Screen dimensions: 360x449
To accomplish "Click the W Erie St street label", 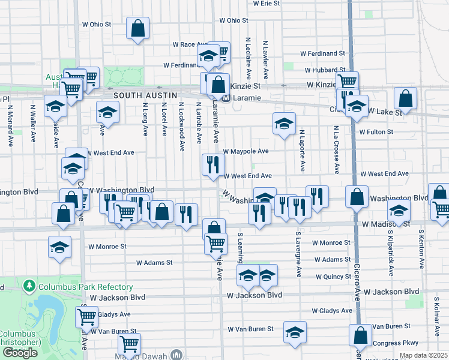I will [267, 3].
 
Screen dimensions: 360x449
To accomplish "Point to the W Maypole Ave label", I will [246, 151].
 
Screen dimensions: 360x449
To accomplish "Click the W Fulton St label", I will [376, 131].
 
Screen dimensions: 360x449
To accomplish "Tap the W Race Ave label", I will [189, 44].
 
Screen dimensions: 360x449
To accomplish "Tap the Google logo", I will [20, 352].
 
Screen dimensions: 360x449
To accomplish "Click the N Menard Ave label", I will [10, 126].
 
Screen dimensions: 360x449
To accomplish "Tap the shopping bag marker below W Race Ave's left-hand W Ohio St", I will [138, 28].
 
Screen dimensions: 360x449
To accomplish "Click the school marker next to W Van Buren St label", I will [295, 332].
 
